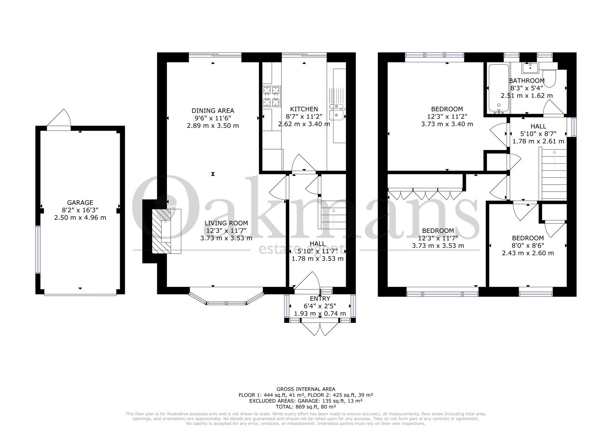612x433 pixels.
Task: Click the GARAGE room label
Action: tap(80, 202)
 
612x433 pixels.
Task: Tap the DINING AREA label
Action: tap(213, 111)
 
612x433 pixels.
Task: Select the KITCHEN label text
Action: tap(304, 109)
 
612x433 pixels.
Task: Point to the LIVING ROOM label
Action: tap(226, 223)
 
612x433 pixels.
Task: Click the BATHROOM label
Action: tap(527, 81)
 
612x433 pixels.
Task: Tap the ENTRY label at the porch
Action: tap(320, 299)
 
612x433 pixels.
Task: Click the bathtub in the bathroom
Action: tap(499, 88)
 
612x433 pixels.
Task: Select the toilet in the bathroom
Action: tap(549, 78)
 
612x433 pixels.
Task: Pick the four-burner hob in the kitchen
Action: tap(272, 96)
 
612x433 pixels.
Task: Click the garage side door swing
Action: tap(59, 118)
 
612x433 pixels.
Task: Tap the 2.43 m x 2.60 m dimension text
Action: tap(528, 253)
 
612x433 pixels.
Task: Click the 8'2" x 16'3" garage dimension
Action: tap(80, 210)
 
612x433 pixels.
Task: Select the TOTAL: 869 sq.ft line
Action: tap(306, 407)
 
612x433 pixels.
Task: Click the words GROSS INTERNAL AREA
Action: tap(306, 389)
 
